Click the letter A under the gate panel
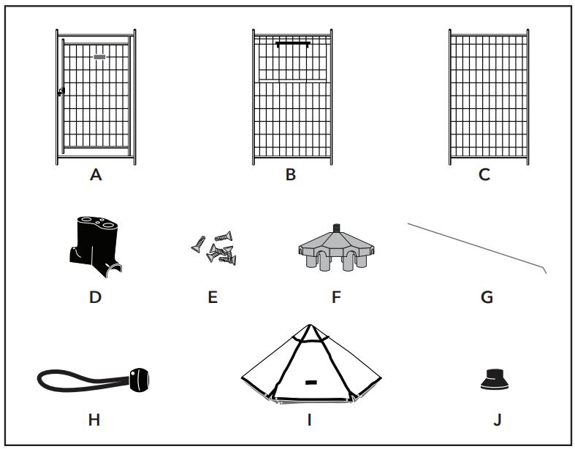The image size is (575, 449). point(95,175)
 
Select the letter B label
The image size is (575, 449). point(290,175)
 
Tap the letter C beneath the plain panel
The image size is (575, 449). point(484,175)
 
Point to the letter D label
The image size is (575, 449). point(95,297)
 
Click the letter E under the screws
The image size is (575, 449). point(213,297)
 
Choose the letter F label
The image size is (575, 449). point(335,297)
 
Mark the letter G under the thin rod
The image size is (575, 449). point(487,297)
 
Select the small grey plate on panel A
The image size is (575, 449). point(100,55)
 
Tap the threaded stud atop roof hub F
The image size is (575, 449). point(337,229)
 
